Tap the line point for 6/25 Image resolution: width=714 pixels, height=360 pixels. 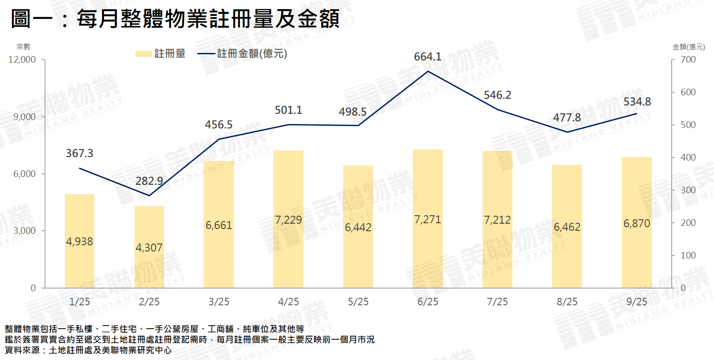(x=428, y=71)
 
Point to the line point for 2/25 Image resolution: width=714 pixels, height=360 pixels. (x=149, y=195)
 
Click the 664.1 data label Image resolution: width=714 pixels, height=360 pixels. (x=427, y=56)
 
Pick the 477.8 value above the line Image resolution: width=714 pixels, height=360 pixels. (x=567, y=117)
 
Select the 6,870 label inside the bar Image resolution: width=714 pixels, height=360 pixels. (x=636, y=223)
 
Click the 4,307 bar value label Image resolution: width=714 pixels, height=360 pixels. (x=149, y=247)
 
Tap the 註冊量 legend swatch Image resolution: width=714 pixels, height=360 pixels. (x=143, y=54)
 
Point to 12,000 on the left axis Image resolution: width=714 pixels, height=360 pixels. (x=22, y=60)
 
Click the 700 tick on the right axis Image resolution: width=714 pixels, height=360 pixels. (x=688, y=60)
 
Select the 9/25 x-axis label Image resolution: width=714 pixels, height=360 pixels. (x=637, y=302)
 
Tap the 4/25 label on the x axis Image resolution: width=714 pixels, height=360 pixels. (x=288, y=302)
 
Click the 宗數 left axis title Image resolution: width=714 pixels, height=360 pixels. (x=23, y=47)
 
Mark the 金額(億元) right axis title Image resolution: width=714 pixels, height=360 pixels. (x=688, y=47)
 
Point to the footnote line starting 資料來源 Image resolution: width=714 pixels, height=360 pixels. (x=88, y=350)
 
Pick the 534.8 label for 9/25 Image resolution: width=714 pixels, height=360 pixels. (x=637, y=101)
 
